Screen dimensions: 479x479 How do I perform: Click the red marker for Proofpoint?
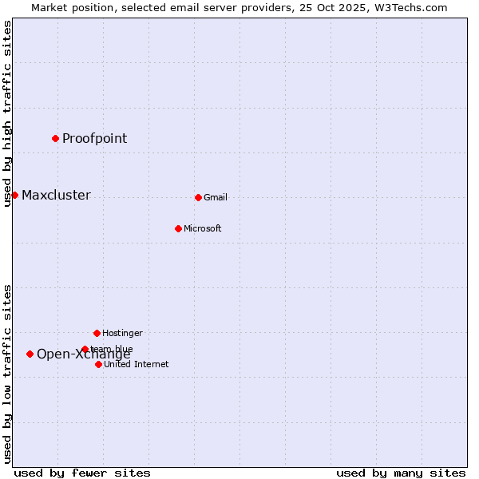point(55,138)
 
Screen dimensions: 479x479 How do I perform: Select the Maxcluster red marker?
point(14,195)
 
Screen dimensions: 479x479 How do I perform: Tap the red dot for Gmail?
point(198,197)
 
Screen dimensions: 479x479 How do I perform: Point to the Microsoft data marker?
point(178,228)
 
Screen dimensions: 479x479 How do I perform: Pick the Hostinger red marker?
point(97,333)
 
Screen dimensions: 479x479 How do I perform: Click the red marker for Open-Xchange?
point(30,354)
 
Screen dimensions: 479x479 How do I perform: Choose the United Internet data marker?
point(98,364)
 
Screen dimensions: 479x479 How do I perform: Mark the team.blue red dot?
point(85,349)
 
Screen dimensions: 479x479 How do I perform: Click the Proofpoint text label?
point(94,138)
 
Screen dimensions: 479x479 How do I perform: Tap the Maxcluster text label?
point(56,196)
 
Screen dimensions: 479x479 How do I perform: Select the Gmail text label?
point(216,197)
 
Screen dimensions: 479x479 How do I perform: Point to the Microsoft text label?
point(202,228)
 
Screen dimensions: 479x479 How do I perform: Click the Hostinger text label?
point(122,333)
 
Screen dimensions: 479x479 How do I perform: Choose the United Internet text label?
point(136,364)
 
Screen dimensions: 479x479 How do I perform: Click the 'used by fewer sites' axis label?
point(82,473)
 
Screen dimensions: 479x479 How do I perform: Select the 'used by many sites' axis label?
point(401,473)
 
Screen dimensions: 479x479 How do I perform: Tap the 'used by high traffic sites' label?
point(7,113)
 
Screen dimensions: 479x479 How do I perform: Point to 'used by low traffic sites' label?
point(7,373)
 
